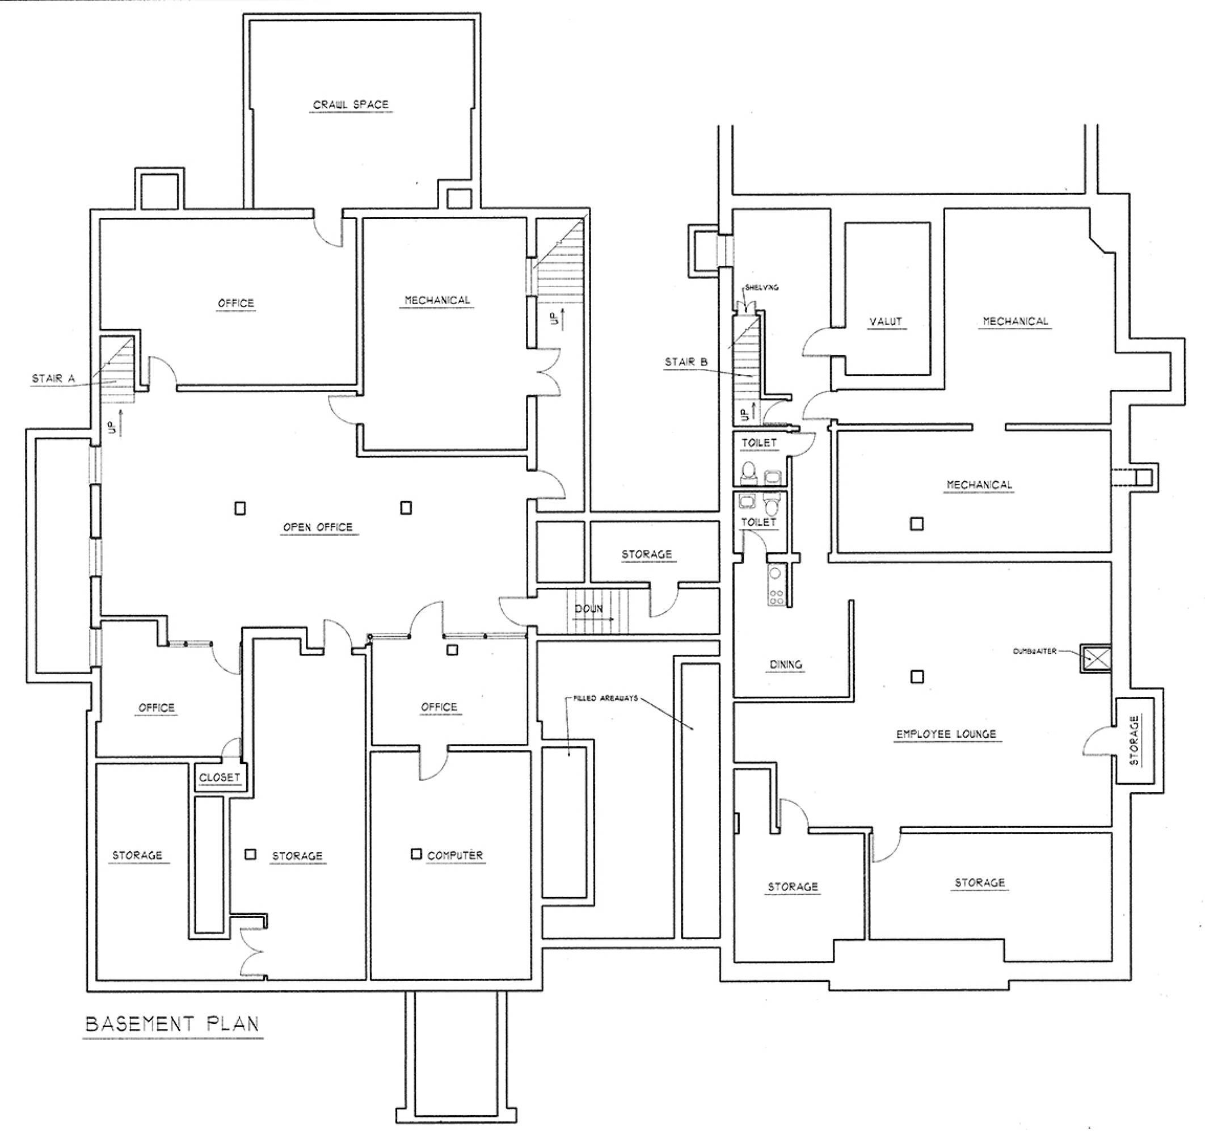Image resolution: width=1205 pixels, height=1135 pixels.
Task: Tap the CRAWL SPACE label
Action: (x=351, y=105)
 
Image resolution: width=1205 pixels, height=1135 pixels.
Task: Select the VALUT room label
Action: (x=886, y=321)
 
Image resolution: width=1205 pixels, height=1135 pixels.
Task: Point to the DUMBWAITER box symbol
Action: (x=1096, y=658)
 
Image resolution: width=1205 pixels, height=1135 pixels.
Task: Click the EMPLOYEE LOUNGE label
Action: (x=946, y=734)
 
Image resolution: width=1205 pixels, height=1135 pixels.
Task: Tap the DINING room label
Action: (x=786, y=665)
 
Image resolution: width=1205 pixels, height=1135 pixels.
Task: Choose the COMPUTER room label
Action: (x=455, y=855)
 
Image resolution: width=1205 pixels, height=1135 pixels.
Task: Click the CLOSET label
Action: (x=220, y=777)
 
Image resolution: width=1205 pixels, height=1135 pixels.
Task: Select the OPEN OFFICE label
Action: (x=318, y=527)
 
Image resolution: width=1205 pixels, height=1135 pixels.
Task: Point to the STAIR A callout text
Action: (x=53, y=379)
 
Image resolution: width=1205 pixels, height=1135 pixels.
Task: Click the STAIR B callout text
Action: (x=686, y=362)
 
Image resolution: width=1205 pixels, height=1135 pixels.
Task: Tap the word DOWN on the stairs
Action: (x=588, y=608)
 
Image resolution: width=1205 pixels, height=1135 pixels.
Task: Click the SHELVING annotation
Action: (x=762, y=287)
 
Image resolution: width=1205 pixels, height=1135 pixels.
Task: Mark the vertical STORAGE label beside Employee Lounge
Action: (x=1134, y=741)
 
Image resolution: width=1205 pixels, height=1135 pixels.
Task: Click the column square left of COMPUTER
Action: (x=416, y=854)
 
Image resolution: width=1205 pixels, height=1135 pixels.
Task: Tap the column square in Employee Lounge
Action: (x=918, y=676)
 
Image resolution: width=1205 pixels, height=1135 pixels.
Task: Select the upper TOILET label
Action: (x=759, y=443)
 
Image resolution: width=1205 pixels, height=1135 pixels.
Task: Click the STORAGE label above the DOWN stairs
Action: (x=647, y=554)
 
